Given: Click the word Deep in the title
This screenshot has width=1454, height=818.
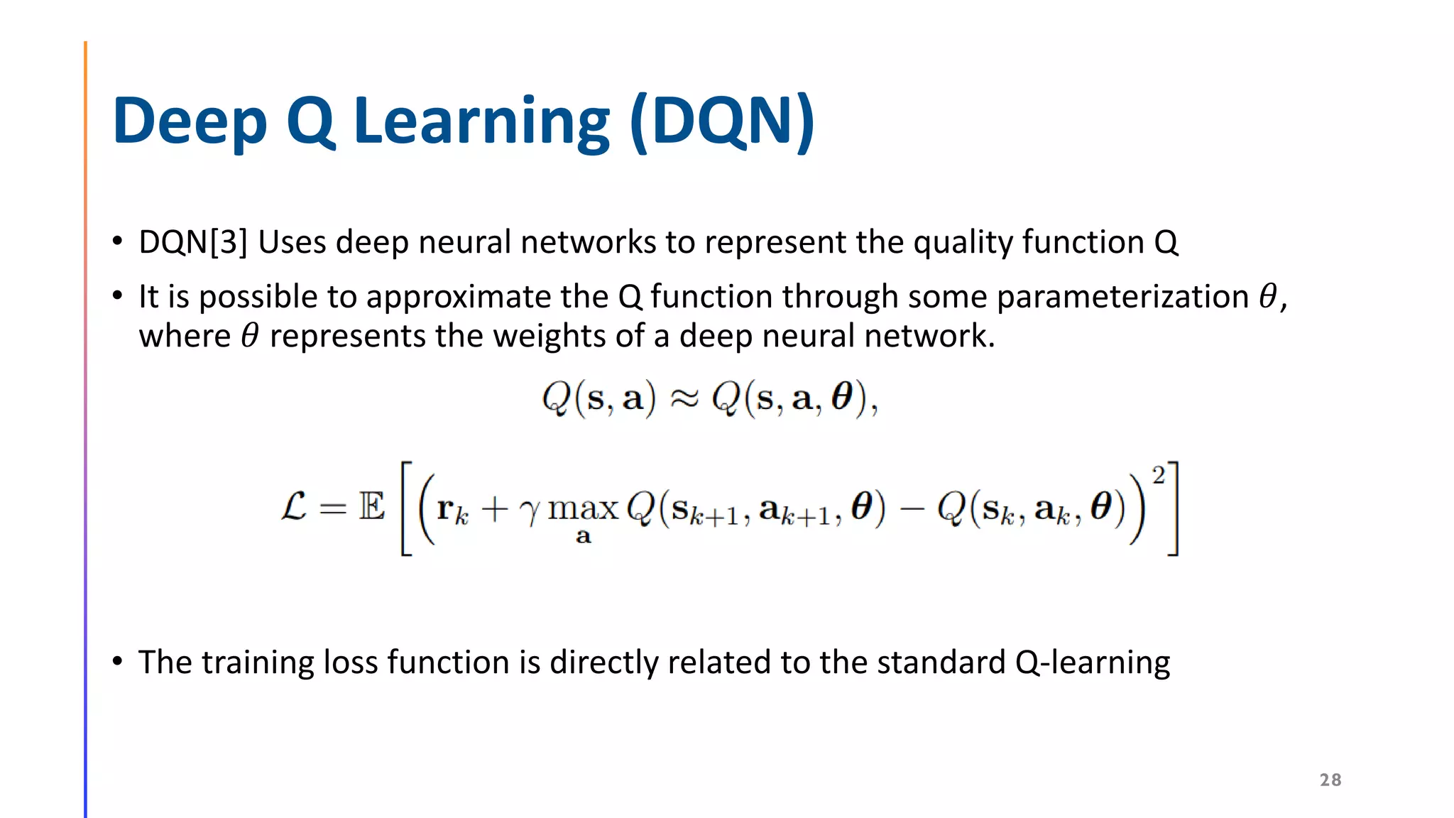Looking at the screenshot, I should [x=189, y=122].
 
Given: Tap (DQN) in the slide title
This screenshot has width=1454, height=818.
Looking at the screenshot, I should [x=722, y=122].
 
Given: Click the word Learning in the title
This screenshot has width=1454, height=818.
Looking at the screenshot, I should [x=481, y=122].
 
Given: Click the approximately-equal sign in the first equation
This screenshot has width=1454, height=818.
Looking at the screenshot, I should [x=684, y=399].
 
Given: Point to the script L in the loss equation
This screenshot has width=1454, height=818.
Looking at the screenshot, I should [x=294, y=507].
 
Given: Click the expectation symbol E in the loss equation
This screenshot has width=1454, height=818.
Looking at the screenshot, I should [x=371, y=507].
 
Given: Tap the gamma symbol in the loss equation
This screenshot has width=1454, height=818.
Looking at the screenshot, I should [x=529, y=511].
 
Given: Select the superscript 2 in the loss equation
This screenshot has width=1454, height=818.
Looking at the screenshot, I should [x=1158, y=476].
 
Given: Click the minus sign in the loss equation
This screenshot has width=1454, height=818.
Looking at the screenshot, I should [x=912, y=509].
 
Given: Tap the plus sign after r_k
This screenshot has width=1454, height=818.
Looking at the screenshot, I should [x=494, y=509].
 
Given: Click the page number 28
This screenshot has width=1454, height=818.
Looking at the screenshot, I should [x=1330, y=780].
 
